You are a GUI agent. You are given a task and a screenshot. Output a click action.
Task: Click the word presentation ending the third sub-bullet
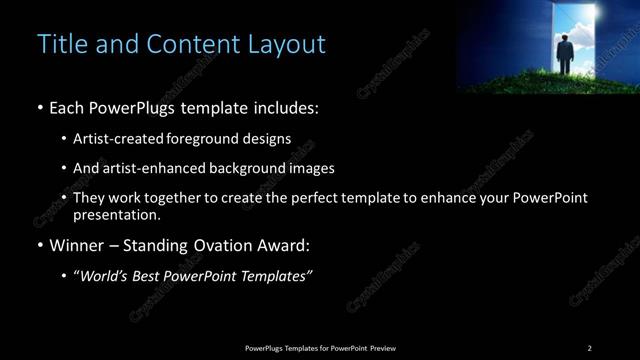click(115, 215)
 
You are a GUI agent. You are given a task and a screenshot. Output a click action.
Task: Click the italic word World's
click(104, 275)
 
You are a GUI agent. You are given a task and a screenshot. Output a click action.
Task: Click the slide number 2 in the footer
click(589, 348)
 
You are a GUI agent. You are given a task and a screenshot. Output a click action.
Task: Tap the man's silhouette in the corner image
click(566, 55)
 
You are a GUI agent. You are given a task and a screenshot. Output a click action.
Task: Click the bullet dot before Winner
click(39, 245)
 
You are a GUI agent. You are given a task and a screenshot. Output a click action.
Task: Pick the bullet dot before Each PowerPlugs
click(39, 105)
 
